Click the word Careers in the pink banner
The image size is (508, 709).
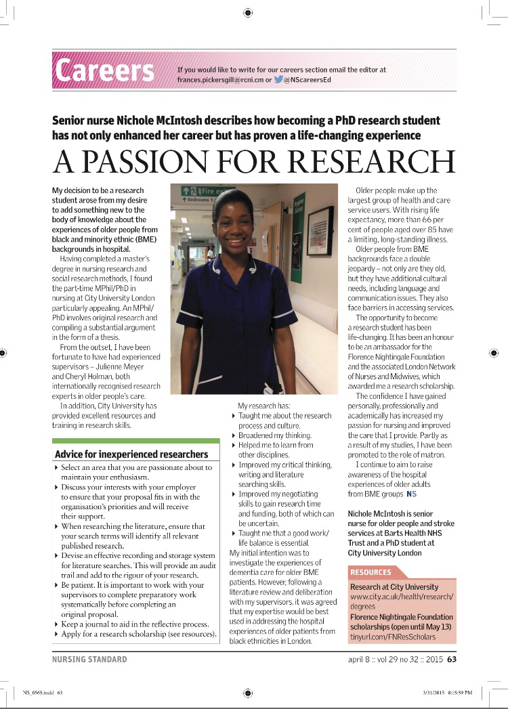[x=105, y=70]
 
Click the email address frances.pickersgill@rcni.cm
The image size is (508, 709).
[x=219, y=79]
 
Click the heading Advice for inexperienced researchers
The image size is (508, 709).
[x=131, y=453]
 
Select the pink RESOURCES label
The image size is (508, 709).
[x=371, y=572]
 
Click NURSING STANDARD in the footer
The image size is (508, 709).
[x=89, y=659]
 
